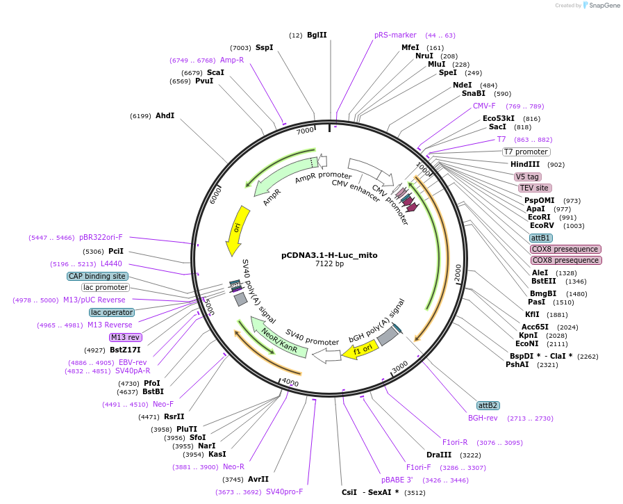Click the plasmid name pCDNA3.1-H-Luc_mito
pyautogui.click(x=329, y=255)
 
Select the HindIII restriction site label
pyautogui.click(x=525, y=164)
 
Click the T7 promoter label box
pyautogui.click(x=526, y=152)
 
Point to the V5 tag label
pyautogui.click(x=527, y=177)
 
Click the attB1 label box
pyautogui.click(x=541, y=238)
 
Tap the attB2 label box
pyautogui.click(x=488, y=405)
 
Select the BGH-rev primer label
pyautogui.click(x=483, y=418)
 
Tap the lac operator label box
pyautogui.click(x=111, y=312)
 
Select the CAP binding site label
pyautogui.click(x=98, y=276)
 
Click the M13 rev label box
pyautogui.click(x=125, y=337)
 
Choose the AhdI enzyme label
pyautogui.click(x=165, y=115)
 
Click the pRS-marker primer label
pyautogui.click(x=395, y=35)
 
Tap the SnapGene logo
pyautogui.click(x=601, y=6)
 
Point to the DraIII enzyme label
pyautogui.click(x=439, y=455)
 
